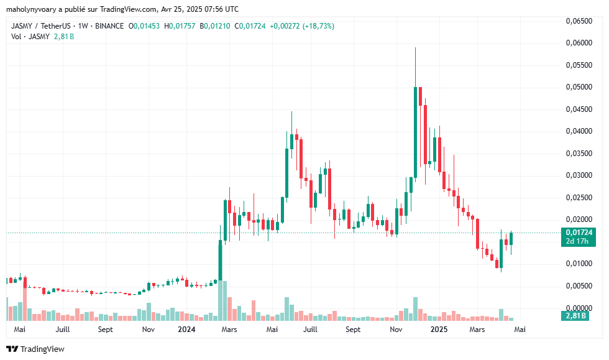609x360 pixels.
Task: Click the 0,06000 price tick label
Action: (x=579, y=43)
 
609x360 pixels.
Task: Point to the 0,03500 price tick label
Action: (x=579, y=153)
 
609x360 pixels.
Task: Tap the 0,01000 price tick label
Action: (x=579, y=264)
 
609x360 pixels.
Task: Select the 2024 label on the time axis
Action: (x=187, y=329)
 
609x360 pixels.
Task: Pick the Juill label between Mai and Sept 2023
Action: (x=62, y=329)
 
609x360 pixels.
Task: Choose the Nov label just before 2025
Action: (x=396, y=329)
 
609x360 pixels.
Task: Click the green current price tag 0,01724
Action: (x=579, y=232)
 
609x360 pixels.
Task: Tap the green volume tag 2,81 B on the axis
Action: (x=579, y=316)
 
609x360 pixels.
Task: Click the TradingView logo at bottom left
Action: (x=35, y=349)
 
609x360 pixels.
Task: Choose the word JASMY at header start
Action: (x=23, y=26)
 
